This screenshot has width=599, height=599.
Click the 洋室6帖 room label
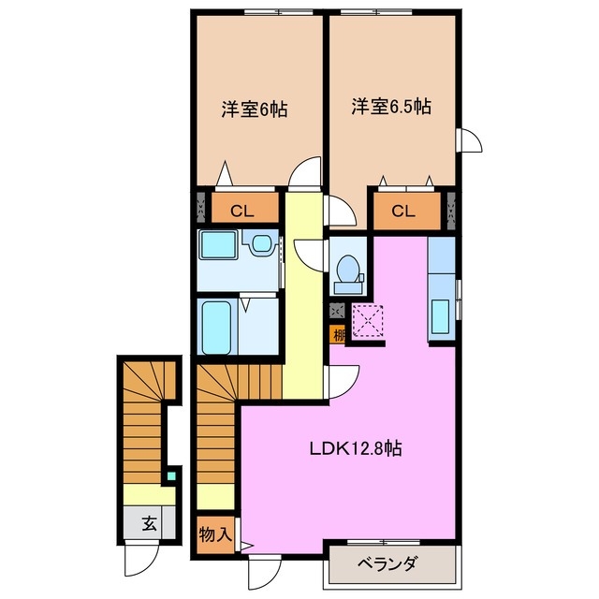(254, 109)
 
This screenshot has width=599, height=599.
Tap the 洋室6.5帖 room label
(391, 108)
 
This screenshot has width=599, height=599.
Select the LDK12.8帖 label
(357, 449)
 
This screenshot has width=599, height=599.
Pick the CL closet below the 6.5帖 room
(402, 211)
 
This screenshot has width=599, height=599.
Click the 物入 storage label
(215, 534)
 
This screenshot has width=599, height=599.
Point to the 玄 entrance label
(149, 524)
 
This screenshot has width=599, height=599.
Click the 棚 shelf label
(336, 333)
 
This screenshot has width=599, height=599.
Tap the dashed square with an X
(368, 321)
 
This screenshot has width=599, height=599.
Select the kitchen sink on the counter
(439, 317)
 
